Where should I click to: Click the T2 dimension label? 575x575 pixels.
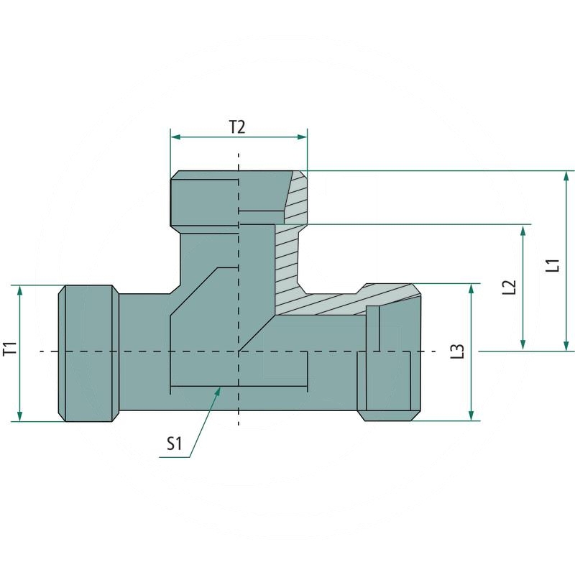(237, 127)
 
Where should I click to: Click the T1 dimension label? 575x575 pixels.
(9, 351)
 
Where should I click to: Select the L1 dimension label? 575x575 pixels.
(552, 264)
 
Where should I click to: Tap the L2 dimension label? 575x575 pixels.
(510, 287)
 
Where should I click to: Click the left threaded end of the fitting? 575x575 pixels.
(87, 353)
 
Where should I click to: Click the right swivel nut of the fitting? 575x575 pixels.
(388, 359)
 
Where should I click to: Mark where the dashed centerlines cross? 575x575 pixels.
(239, 351)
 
